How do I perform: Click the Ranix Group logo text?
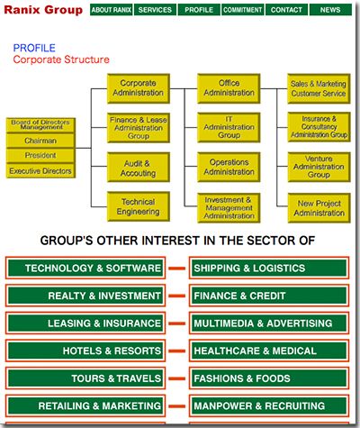[x=43, y=10]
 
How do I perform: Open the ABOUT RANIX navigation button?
[x=112, y=10]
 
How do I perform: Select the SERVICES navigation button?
[x=155, y=10]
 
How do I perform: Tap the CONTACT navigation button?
[x=286, y=10]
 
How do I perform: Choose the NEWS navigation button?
[x=330, y=10]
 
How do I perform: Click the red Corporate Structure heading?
[x=61, y=59]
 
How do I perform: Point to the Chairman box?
[x=40, y=141]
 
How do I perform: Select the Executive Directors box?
[x=40, y=171]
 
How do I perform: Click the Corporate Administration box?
[x=139, y=88]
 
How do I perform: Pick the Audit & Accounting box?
[x=139, y=168]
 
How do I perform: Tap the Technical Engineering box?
[x=139, y=206]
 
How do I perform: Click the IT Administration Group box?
[x=229, y=127]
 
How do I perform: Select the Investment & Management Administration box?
[x=229, y=208]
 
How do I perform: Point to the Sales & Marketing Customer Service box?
[x=319, y=88]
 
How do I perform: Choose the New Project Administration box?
[x=319, y=208]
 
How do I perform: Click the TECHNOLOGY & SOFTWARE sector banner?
[x=85, y=268]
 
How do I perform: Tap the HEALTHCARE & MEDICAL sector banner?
[x=269, y=351]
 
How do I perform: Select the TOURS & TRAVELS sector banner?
[x=85, y=378]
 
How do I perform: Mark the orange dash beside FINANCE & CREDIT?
[x=177, y=296]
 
